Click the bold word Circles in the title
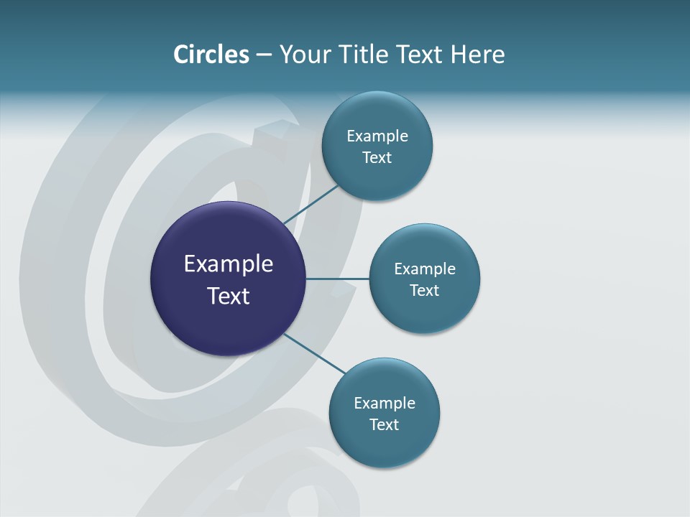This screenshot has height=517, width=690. click(x=211, y=54)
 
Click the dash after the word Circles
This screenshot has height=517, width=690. click(x=264, y=55)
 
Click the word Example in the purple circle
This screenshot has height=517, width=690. click(x=229, y=264)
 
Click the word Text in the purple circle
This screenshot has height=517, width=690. click(x=229, y=296)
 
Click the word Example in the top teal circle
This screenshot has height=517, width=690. click(x=377, y=136)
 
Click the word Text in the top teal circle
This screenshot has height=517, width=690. click(x=377, y=157)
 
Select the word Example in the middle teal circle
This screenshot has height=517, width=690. click(x=424, y=269)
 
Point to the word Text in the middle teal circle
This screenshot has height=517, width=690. click(x=424, y=290)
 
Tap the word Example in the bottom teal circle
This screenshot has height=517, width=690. click(x=384, y=403)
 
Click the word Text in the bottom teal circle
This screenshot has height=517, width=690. click(x=384, y=424)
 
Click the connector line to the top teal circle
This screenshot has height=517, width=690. click(x=310, y=205)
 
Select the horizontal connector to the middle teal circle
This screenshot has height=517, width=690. click(x=337, y=279)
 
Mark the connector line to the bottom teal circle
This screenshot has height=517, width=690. click(x=313, y=353)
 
